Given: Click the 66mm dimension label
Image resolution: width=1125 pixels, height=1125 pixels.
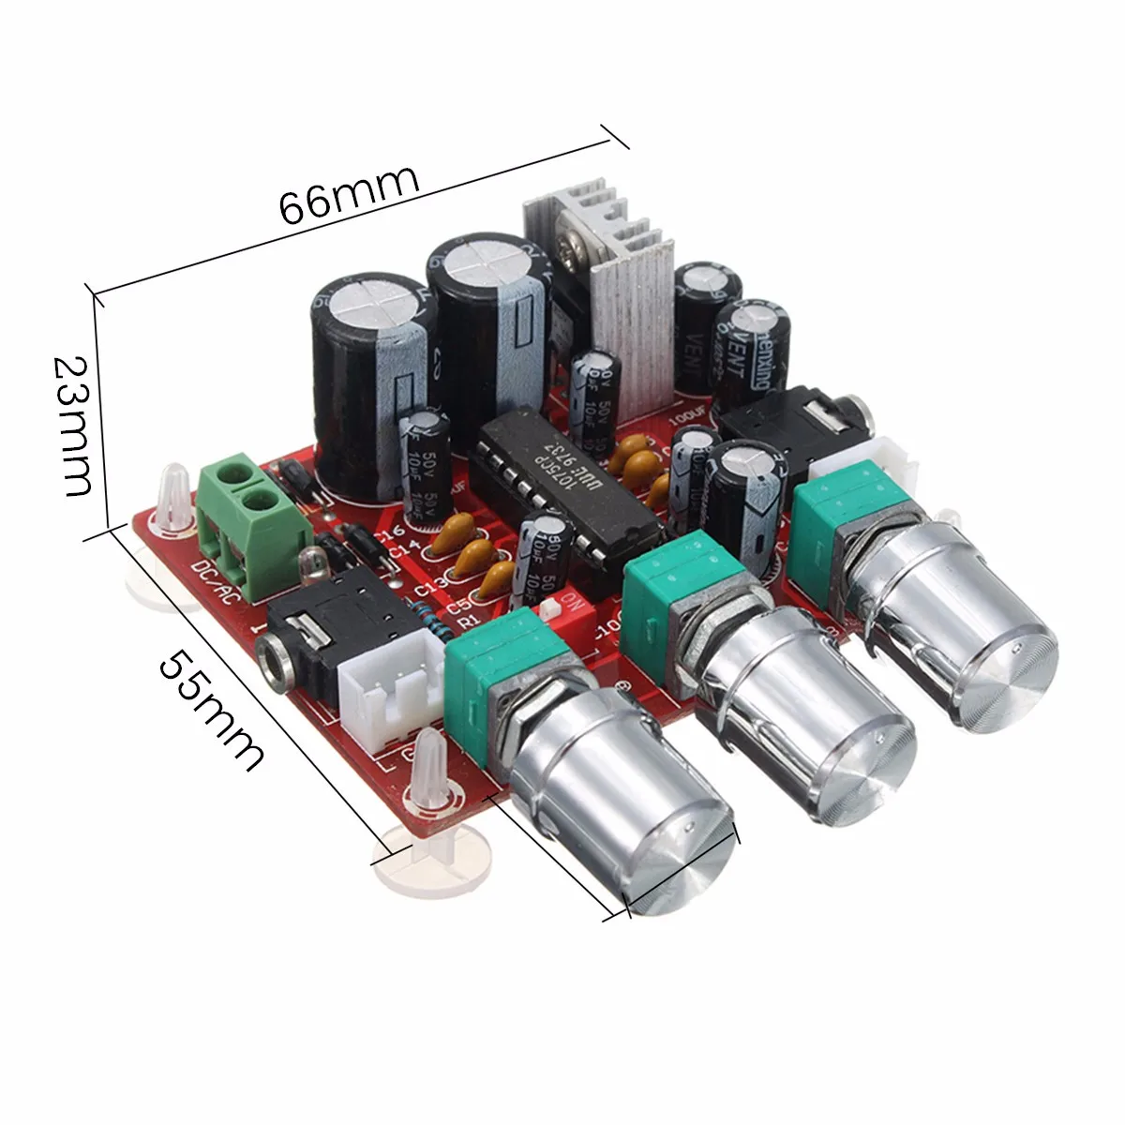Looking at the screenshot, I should point(349,191).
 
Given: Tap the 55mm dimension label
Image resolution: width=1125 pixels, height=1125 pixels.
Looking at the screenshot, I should point(211,709).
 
